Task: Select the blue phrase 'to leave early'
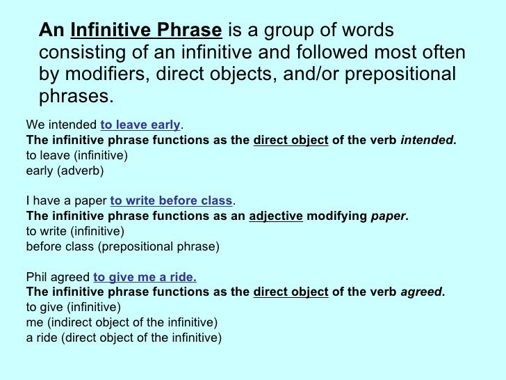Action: (x=140, y=125)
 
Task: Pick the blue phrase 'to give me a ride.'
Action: (x=145, y=276)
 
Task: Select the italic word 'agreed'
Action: (x=422, y=292)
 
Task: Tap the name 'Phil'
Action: (x=37, y=276)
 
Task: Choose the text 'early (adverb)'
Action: (x=64, y=170)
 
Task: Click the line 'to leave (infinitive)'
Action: (x=76, y=155)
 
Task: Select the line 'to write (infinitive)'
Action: (x=75, y=231)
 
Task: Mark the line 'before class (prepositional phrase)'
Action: (x=122, y=246)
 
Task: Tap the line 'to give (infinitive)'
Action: (x=74, y=307)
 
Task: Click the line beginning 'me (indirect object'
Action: (x=122, y=322)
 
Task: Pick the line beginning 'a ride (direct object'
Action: (x=123, y=338)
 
